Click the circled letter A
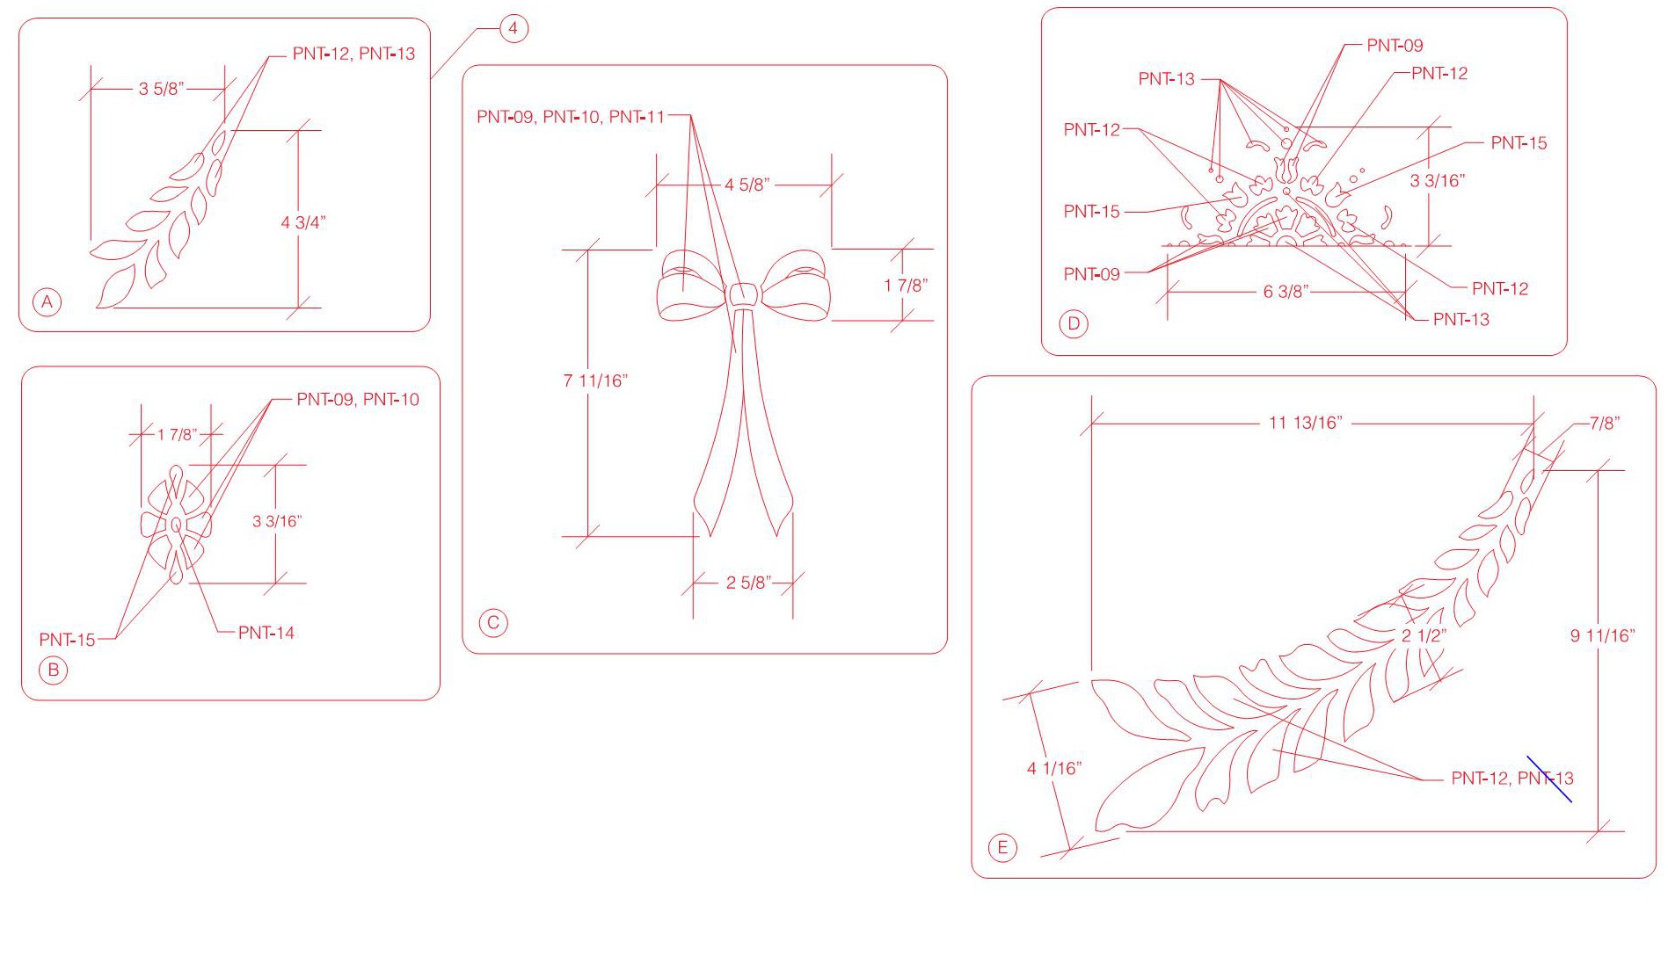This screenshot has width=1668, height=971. tap(47, 302)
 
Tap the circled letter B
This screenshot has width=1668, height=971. tap(54, 670)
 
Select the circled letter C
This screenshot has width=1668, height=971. tap(493, 623)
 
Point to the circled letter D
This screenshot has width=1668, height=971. tap(1074, 323)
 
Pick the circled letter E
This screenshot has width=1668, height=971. tap(1002, 848)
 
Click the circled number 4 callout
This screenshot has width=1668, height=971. tap(514, 28)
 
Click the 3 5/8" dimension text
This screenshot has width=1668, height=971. tap(161, 89)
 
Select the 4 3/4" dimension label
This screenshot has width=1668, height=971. tap(303, 222)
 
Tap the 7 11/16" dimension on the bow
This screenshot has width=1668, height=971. tap(595, 380)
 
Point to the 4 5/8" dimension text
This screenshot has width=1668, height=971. tap(747, 185)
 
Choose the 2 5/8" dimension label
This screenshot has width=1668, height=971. tap(749, 582)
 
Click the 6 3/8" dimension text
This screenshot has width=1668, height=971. tap(1286, 292)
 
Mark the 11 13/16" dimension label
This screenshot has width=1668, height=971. tap(1306, 423)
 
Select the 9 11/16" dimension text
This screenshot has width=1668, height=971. tap(1603, 635)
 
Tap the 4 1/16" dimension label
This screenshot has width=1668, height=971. tap(1054, 769)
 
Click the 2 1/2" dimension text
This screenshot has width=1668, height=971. tap(1424, 635)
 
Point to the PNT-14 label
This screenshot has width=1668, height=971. tap(266, 633)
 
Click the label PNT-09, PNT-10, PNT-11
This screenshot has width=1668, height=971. tap(571, 117)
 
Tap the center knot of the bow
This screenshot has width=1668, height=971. tap(743, 295)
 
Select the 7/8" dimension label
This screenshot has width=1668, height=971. tap(1605, 423)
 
